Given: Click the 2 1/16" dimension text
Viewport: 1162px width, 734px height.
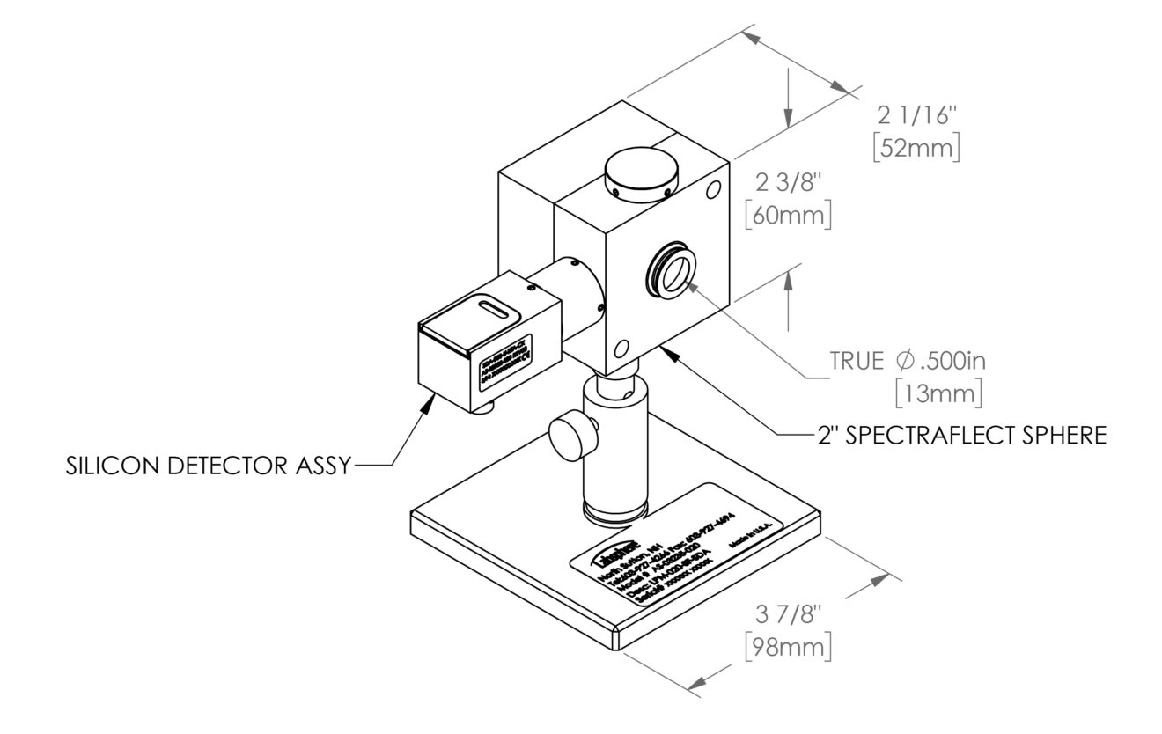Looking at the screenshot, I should (x=918, y=114).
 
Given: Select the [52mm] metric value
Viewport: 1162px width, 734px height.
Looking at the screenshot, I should (x=917, y=146).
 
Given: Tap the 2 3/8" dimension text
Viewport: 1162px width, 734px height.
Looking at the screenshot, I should (x=787, y=183).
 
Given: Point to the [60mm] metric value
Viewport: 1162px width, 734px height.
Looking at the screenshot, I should (x=787, y=215).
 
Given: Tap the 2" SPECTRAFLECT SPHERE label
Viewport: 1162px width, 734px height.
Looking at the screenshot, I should (x=959, y=434).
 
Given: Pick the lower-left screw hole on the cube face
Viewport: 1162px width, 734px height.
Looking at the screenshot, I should (x=623, y=346).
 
